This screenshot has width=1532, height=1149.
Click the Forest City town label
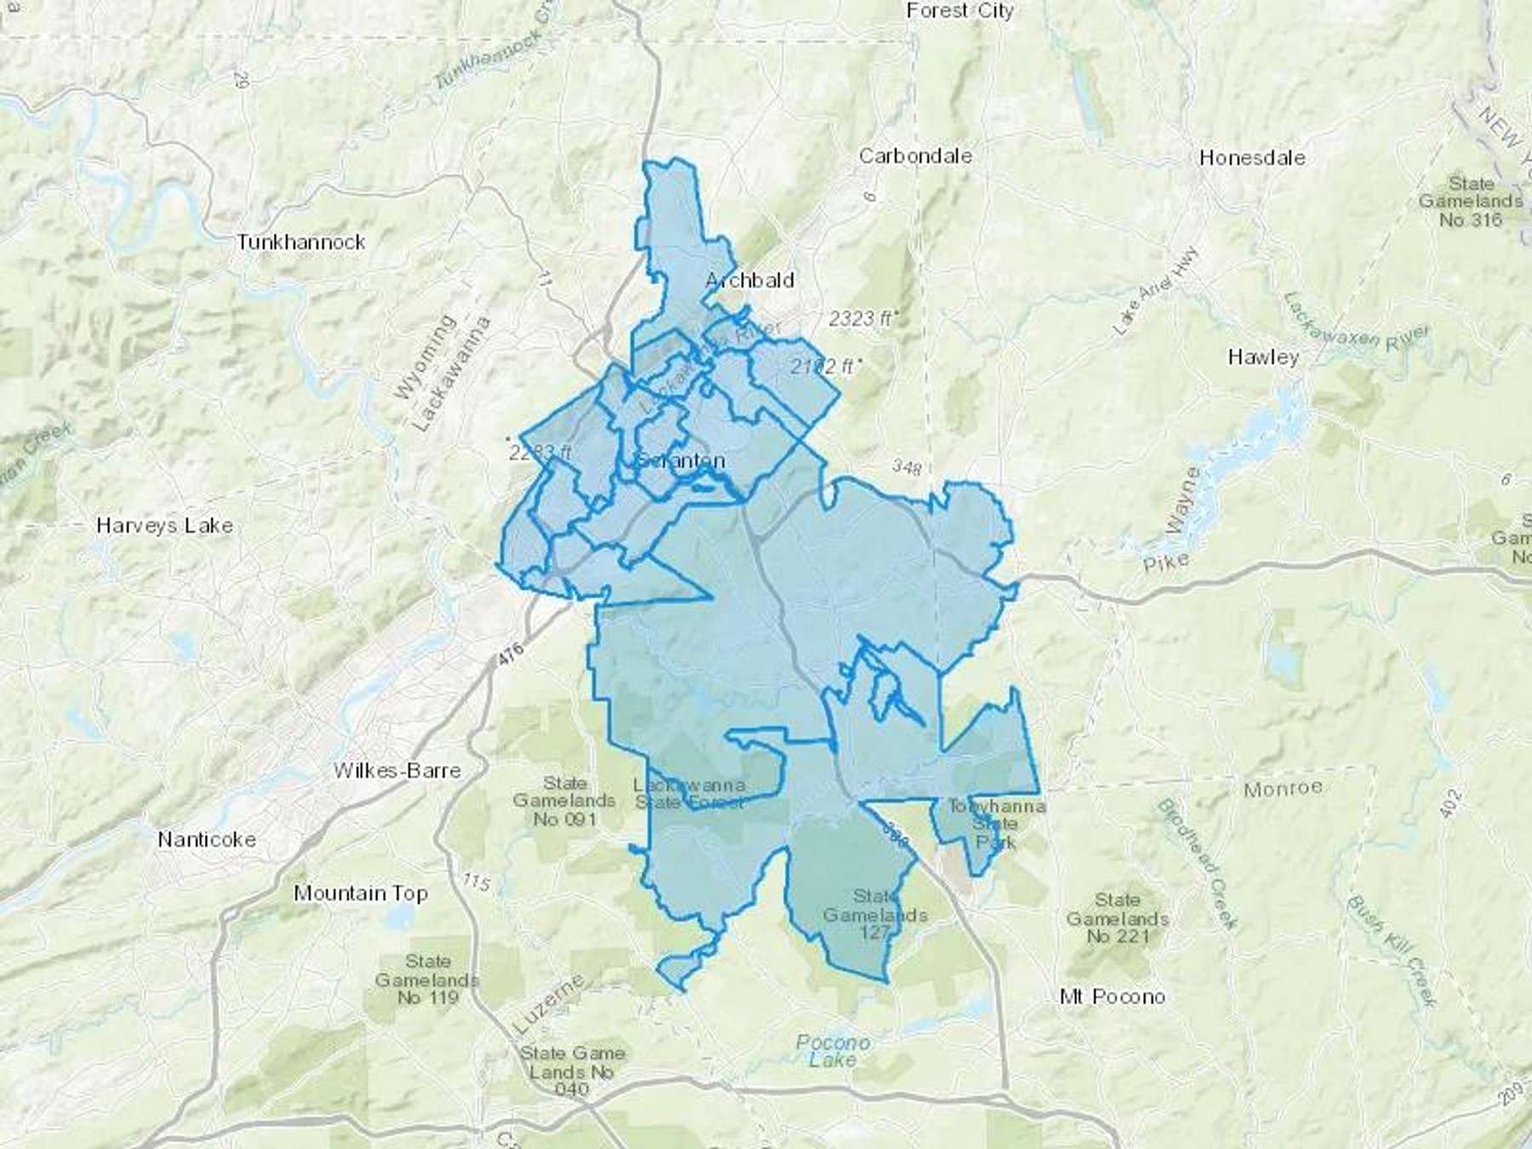tap(959, 11)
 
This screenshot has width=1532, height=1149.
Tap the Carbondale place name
tap(915, 156)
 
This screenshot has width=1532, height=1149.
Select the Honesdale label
tap(1251, 157)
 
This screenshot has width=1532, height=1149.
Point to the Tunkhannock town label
tap(300, 243)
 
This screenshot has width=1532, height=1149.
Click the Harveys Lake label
tap(164, 525)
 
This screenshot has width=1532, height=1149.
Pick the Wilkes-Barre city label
tap(397, 770)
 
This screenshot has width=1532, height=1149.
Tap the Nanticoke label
tap(207, 839)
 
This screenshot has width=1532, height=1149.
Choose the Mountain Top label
tap(360, 893)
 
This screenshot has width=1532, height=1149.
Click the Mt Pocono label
tap(1112, 996)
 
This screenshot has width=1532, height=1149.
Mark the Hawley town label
tap(1263, 357)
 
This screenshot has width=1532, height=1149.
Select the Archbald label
tap(750, 280)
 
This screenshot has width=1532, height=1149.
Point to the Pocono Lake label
tap(832, 1051)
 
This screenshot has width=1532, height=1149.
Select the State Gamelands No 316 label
tap(1471, 202)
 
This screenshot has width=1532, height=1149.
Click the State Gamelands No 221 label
tap(1118, 918)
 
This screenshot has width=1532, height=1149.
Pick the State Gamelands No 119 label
tap(427, 979)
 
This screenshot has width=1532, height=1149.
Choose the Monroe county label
tap(1283, 789)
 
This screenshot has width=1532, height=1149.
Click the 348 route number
tap(906, 467)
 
